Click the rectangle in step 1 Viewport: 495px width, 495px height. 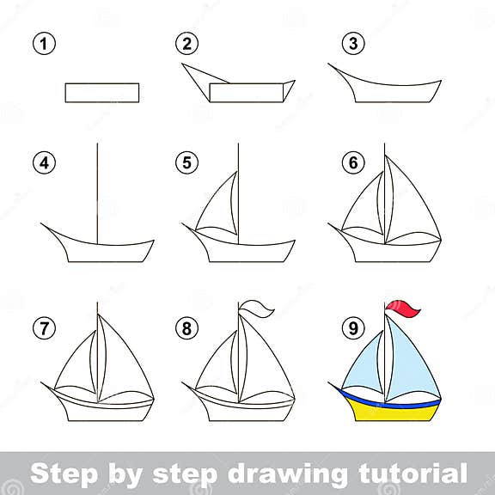point(101,93)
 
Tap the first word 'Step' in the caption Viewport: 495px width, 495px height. point(60,472)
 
